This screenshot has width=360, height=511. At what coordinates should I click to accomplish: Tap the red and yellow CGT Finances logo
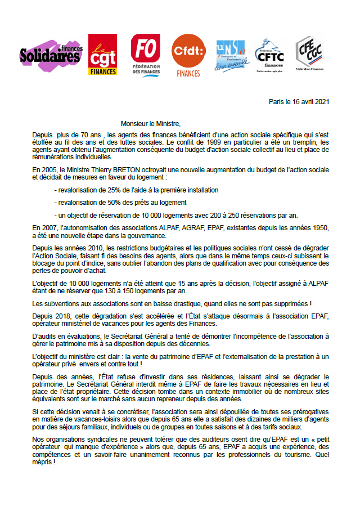[x=102, y=55]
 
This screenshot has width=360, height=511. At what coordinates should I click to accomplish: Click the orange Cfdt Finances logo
[x=188, y=55]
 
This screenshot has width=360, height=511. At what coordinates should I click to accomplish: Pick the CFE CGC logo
[x=312, y=53]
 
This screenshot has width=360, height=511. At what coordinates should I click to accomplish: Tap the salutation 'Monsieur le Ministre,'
[x=152, y=123]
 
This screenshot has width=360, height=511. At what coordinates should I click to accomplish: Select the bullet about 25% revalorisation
[x=136, y=190]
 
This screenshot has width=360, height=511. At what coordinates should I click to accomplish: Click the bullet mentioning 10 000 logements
[x=177, y=215]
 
